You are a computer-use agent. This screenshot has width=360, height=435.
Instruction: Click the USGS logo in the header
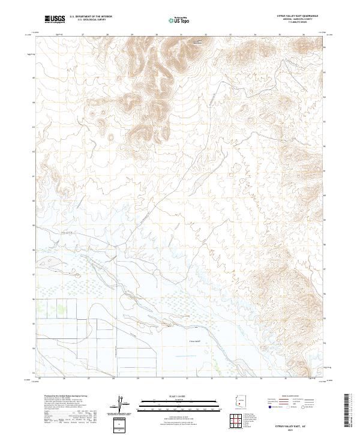pyautogui.click(x=55, y=19)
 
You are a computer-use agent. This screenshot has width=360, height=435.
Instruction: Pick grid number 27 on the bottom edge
pyautogui.click(x=88, y=379)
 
